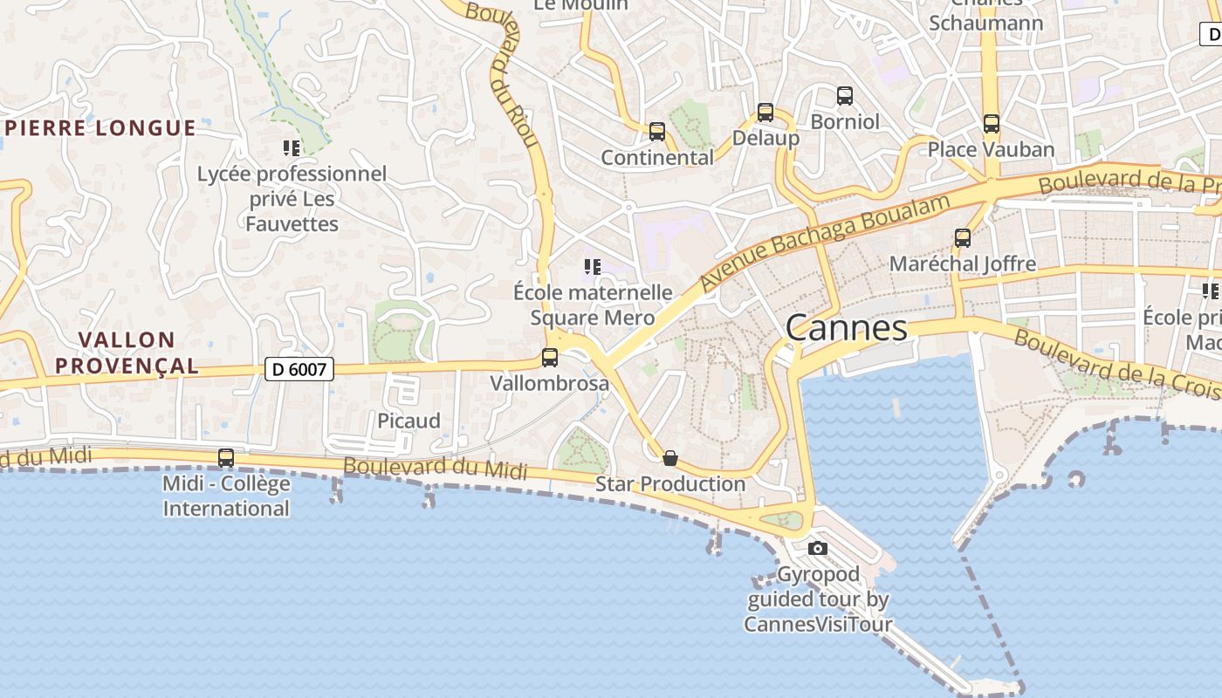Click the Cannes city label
point(846,328)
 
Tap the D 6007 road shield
point(299,369)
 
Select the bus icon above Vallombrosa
point(550,357)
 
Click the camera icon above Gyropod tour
point(817,548)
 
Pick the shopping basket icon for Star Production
point(670,458)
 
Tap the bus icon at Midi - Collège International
point(226,457)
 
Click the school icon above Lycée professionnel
point(292,148)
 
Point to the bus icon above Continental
point(657,132)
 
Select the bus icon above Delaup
point(765,112)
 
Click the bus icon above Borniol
point(844,95)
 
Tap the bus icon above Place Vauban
point(991,123)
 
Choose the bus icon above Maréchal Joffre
point(963,237)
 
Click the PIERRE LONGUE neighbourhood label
point(100,128)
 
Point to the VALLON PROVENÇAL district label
point(127,352)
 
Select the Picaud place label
point(408,421)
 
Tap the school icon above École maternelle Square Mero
point(593,267)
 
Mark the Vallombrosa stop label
point(549,383)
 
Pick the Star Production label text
point(670,483)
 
